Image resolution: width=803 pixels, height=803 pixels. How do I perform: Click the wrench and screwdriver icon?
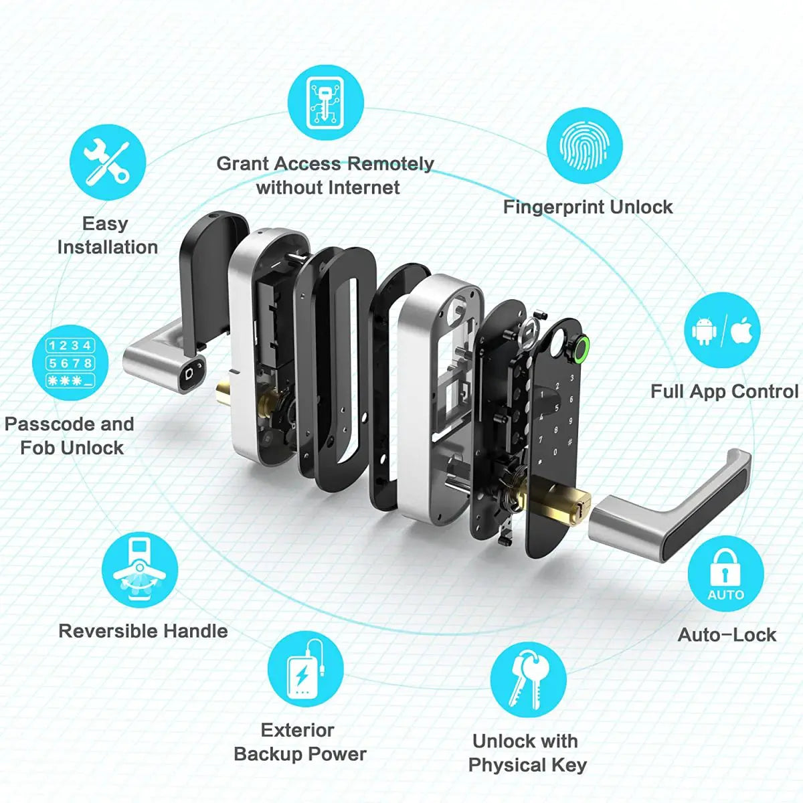click(107, 163)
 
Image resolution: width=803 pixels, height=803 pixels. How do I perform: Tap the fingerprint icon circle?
click(584, 146)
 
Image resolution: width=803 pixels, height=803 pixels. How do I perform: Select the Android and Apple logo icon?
click(722, 330)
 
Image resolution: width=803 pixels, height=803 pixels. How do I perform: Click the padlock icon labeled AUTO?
click(725, 573)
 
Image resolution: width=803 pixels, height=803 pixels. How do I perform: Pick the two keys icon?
click(528, 680)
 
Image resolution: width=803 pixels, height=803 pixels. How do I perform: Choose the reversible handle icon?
click(140, 570)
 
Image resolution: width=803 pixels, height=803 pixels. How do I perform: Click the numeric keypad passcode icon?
click(70, 363)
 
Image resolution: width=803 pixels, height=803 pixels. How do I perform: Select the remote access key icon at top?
click(326, 102)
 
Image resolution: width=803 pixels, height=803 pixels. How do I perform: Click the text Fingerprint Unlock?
click(588, 207)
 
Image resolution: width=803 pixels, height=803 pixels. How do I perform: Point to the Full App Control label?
click(724, 391)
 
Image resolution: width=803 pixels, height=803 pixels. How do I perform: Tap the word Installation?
click(107, 247)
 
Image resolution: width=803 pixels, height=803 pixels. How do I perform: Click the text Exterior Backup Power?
click(299, 742)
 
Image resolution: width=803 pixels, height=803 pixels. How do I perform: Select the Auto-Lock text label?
click(727, 634)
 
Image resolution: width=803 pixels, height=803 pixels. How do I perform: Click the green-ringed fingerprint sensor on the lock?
click(579, 348)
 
